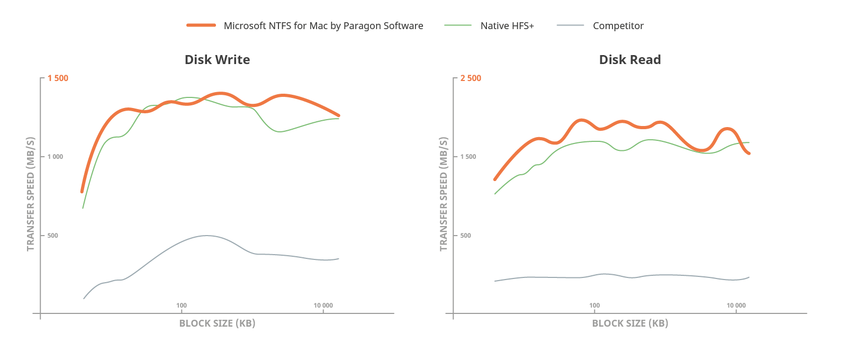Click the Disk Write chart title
click(217, 60)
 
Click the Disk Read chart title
click(629, 60)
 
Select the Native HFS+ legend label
click(507, 26)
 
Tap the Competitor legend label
click(618, 26)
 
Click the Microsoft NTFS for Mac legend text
click(323, 26)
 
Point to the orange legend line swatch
click(201, 25)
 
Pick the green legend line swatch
click(458, 25)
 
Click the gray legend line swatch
click(570, 25)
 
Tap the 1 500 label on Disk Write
click(58, 78)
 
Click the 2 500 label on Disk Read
click(471, 78)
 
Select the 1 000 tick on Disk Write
click(55, 157)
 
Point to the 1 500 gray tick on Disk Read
click(468, 157)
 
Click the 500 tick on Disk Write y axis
click(52, 236)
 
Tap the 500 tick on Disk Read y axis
click(465, 236)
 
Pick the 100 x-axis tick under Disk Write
click(182, 305)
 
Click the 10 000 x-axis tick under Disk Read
click(736, 305)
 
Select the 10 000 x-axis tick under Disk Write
click(323, 305)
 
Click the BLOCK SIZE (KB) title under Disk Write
click(217, 323)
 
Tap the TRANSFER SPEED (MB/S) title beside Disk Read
click(444, 194)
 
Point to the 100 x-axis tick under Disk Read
click(594, 305)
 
